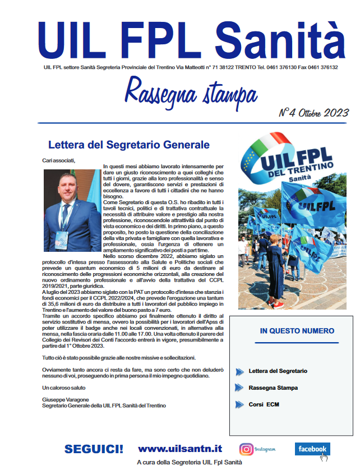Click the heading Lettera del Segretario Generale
click(128, 145)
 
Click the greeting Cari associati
click(58, 161)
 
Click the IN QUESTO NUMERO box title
click(297, 331)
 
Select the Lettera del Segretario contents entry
click(278, 371)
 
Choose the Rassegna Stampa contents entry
click(273, 388)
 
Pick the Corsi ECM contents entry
click(264, 404)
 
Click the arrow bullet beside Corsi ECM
click(240, 404)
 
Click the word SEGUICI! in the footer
click(94, 449)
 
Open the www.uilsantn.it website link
click(179, 449)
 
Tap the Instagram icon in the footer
click(246, 449)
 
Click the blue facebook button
click(312, 449)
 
